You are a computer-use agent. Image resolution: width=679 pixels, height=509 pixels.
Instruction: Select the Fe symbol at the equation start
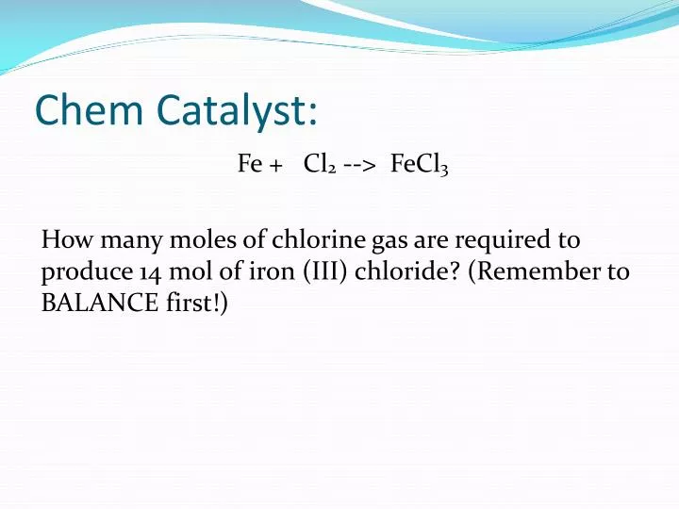coord(249,164)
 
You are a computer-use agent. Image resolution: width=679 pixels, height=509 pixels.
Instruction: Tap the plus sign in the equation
coord(275,165)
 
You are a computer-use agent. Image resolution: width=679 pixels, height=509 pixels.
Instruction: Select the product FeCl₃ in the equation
coord(419,165)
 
